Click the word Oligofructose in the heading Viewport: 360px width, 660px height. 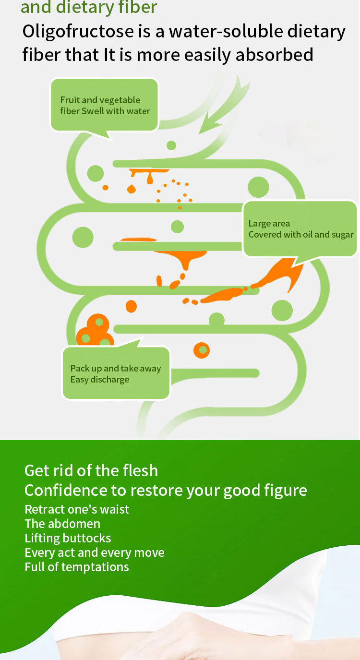[78, 32]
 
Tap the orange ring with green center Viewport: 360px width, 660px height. [202, 350]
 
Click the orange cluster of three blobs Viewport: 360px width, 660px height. [95, 331]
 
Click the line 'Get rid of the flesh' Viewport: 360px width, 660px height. [91, 470]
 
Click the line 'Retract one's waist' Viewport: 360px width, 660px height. [77, 509]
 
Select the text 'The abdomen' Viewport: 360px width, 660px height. [62, 524]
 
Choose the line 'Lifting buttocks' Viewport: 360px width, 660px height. [68, 538]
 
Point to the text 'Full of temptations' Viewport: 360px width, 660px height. [77, 567]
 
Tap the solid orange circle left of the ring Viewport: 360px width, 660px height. [131, 306]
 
